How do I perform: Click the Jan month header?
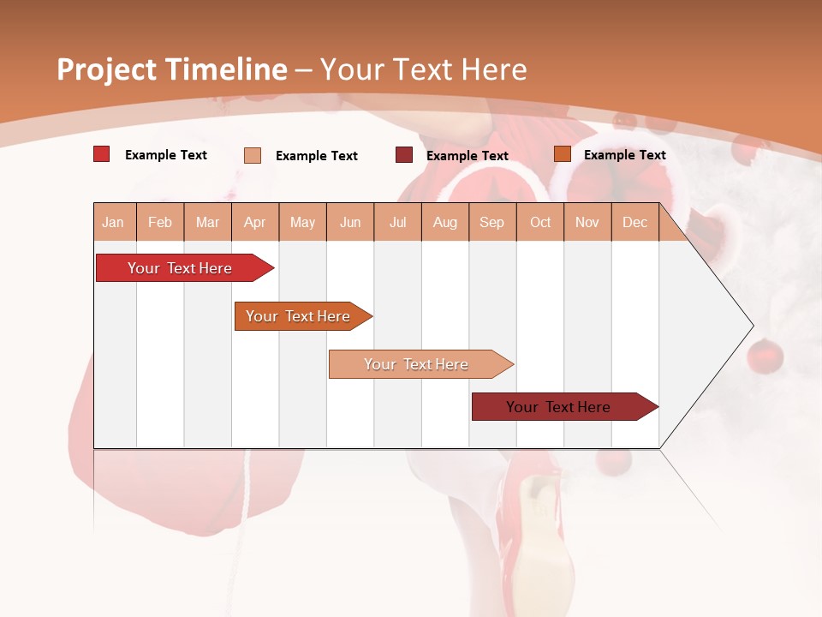[x=113, y=222]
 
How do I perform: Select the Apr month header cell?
[x=255, y=222]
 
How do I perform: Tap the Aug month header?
[x=445, y=222]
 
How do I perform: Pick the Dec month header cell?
[x=634, y=222]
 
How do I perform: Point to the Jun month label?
[x=350, y=222]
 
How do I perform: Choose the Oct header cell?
[x=540, y=222]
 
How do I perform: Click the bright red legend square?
[x=102, y=154]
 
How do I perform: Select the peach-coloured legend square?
[x=253, y=155]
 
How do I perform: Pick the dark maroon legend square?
[x=404, y=155]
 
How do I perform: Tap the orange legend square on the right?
[x=563, y=154]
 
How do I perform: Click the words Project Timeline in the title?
[x=171, y=69]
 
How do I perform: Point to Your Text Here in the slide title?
[x=423, y=69]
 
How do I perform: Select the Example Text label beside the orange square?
[x=624, y=154]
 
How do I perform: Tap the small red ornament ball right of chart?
[x=765, y=356]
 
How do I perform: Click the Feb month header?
[x=160, y=222]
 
